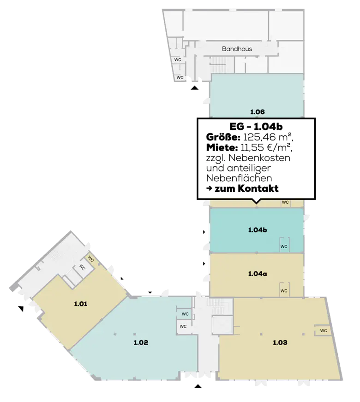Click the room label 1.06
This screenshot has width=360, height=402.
coord(257,111)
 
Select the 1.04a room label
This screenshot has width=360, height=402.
coord(257,274)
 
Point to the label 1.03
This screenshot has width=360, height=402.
coord(280,342)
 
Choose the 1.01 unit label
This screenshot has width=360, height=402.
coord(80,304)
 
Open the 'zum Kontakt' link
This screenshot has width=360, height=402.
coord(243,189)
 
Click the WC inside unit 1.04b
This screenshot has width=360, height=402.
coord(283,246)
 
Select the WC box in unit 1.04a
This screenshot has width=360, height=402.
coord(283,291)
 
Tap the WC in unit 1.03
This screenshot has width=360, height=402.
coord(323,330)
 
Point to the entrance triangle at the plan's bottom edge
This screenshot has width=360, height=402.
coord(198,386)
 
